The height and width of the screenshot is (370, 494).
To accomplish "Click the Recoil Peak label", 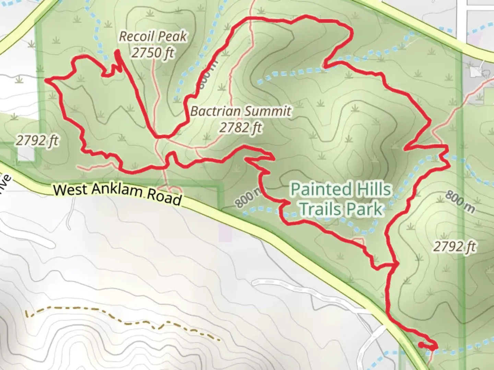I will tap(153, 37).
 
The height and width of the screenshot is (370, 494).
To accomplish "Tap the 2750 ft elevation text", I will tap(153, 53).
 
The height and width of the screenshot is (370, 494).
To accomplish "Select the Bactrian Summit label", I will tap(241, 111).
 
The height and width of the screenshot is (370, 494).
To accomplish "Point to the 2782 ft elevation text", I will tap(241, 128).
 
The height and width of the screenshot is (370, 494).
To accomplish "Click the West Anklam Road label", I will tap(118, 194).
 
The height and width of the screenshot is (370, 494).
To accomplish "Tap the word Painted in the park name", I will tap(316, 189).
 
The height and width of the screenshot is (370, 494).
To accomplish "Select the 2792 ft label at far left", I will tap(37, 140).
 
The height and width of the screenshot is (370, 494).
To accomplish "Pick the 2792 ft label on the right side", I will tap(455, 246).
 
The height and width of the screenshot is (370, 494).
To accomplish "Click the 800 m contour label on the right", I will tap(460, 202).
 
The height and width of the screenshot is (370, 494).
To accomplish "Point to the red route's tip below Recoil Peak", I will tap(117, 52).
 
